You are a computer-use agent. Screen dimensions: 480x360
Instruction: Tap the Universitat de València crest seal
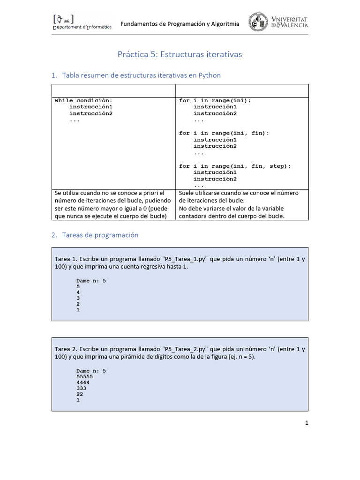click(258, 22)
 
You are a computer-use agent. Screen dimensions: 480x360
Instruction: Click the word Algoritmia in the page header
click(225, 24)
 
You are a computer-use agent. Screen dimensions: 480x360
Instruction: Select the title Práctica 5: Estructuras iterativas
click(180, 54)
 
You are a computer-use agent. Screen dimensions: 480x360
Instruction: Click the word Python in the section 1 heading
click(210, 75)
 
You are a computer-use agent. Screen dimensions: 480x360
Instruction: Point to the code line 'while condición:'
click(83, 100)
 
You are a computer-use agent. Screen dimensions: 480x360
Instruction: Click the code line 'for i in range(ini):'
click(215, 100)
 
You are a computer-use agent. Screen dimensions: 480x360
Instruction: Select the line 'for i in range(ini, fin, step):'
click(235, 166)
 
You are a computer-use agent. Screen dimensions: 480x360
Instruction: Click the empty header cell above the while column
click(113, 90)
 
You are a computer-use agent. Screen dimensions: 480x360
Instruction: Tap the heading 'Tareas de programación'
click(100, 235)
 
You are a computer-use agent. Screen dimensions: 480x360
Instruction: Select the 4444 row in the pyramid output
click(82, 382)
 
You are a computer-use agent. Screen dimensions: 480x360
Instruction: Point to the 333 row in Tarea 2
click(81, 388)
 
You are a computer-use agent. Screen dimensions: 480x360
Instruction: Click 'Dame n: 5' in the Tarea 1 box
click(91, 280)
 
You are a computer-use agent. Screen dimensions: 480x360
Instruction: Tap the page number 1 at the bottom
click(307, 423)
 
